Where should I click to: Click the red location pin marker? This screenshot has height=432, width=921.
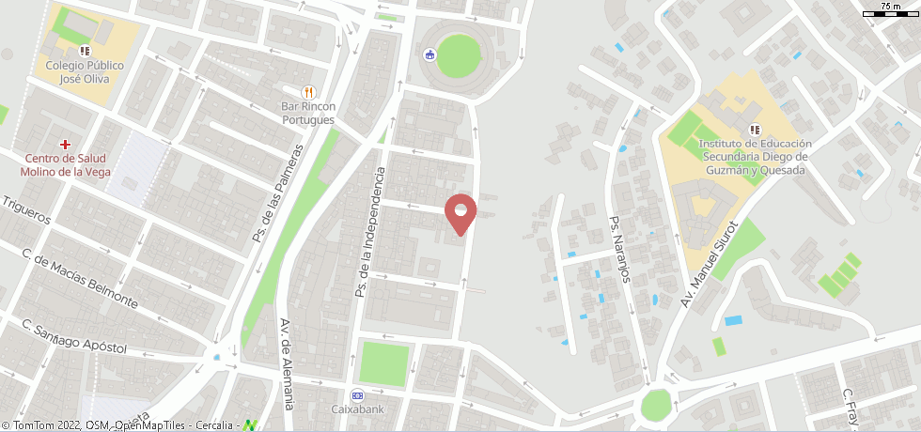(x=460, y=213)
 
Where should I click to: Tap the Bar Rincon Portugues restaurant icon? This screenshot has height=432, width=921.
(x=308, y=91)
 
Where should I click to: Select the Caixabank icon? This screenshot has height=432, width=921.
(x=356, y=394)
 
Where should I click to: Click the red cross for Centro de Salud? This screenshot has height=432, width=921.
(x=65, y=144)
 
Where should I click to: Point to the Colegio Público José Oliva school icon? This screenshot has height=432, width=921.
(x=85, y=51)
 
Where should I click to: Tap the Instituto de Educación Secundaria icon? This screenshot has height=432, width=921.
(x=754, y=129)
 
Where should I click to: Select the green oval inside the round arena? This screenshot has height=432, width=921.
(x=459, y=56)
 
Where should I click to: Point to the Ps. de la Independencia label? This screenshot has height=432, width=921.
(x=369, y=233)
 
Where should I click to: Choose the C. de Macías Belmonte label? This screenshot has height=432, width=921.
(x=80, y=280)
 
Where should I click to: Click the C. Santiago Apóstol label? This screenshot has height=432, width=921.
(x=76, y=338)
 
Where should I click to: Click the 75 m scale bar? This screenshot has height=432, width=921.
(x=887, y=12)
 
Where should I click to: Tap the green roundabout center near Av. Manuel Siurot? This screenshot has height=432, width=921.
(x=656, y=406)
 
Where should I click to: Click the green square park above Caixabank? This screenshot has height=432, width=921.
(x=385, y=363)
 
